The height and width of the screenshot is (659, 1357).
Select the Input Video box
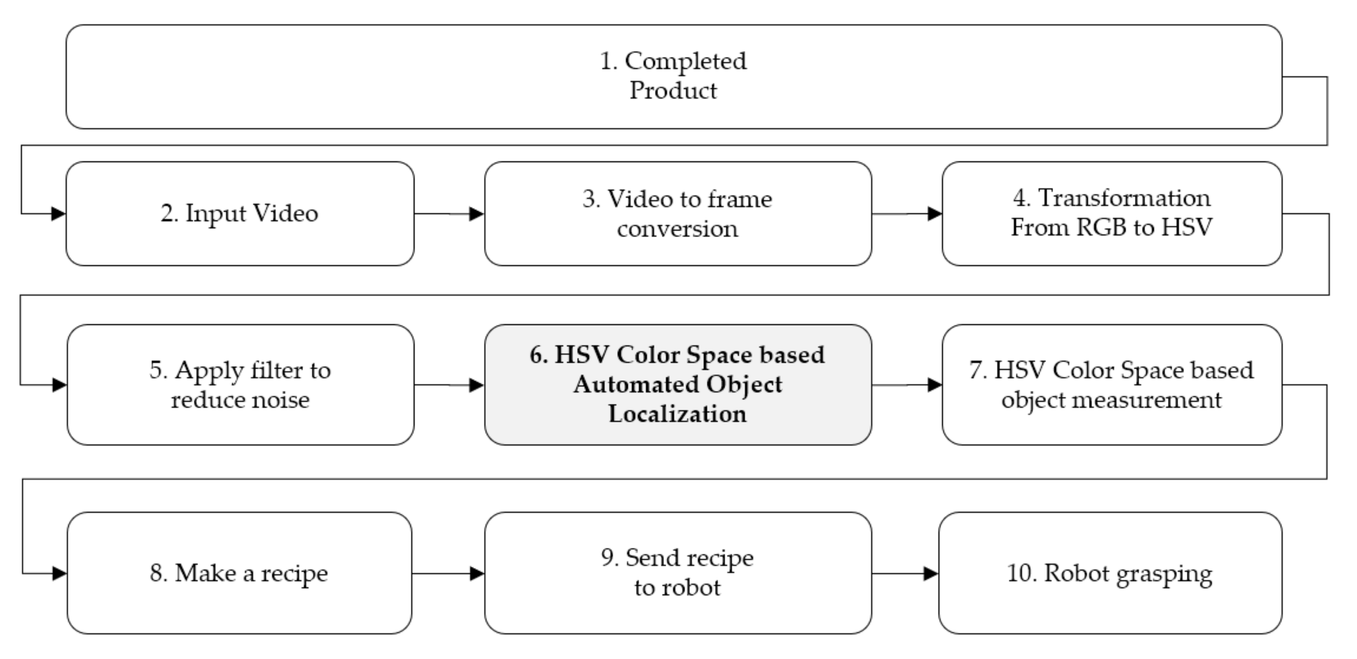point(240,213)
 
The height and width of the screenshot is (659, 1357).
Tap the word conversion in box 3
point(677,229)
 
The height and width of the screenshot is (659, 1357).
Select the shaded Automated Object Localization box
point(677,385)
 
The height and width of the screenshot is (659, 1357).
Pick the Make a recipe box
point(239,573)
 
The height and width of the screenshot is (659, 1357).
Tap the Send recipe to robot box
point(677,573)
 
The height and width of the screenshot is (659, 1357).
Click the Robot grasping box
point(1110,573)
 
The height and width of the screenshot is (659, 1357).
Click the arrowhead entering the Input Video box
point(59,214)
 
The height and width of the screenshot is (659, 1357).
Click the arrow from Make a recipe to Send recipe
point(448,574)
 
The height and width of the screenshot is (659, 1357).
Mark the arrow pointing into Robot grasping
point(905,574)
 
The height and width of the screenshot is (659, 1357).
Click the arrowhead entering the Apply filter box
point(59,385)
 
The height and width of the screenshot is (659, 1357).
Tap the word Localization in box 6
point(677,414)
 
